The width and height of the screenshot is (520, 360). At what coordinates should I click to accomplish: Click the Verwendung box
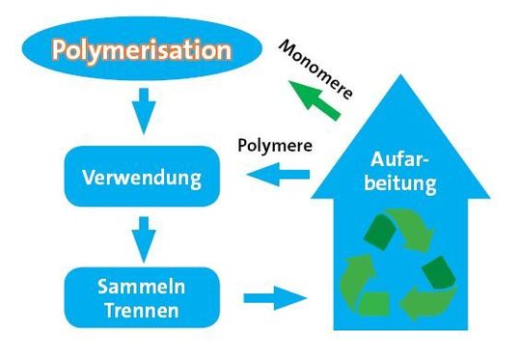tap(142, 178)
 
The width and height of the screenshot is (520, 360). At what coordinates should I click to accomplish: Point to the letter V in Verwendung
tap(88, 179)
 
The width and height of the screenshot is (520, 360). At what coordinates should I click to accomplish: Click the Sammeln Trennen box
tap(142, 297)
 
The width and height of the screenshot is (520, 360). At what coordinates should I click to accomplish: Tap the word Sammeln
tap(142, 287)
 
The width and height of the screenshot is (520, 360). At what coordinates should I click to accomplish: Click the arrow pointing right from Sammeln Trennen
tap(275, 297)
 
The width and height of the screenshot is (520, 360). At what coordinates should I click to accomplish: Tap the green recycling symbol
tap(397, 266)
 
